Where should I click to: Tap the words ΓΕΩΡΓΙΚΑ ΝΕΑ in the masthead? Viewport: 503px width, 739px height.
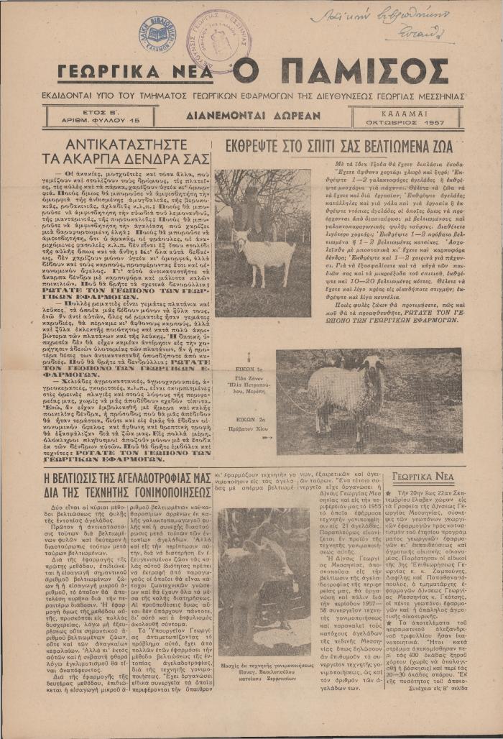pos(139,73)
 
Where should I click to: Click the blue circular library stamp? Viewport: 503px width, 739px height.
pos(158,31)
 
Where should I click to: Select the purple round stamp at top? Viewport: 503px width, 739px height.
pos(215,40)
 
